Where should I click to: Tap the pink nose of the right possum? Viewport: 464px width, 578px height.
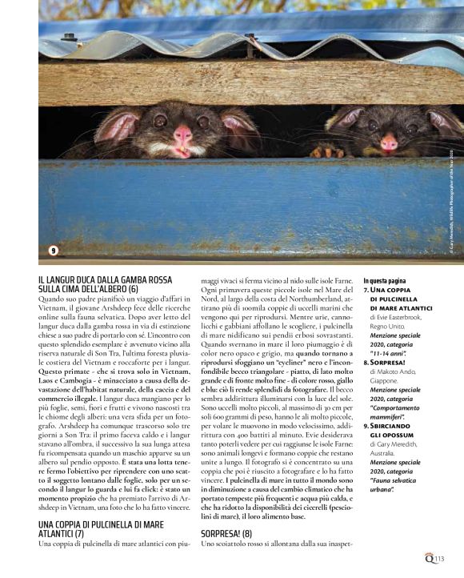(389, 143)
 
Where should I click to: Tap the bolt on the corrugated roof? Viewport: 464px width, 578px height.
(70, 37)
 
